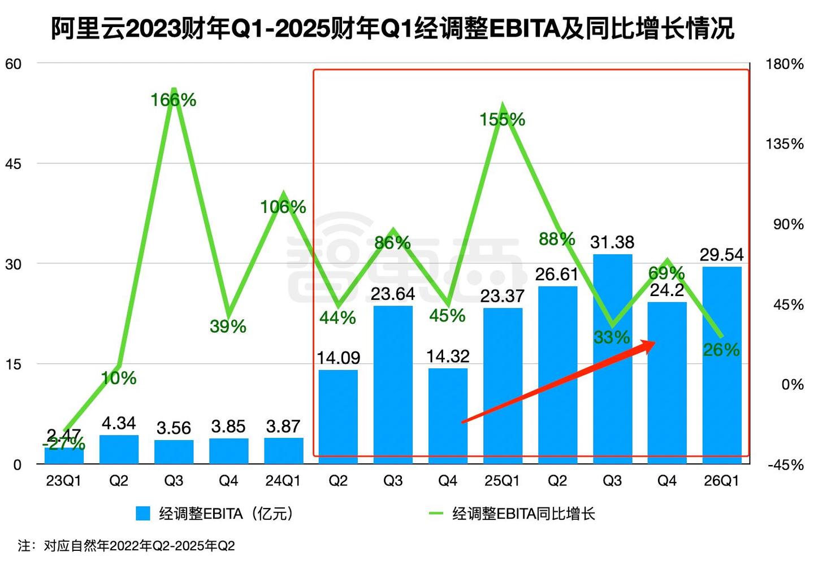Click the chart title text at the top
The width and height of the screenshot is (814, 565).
click(392, 28)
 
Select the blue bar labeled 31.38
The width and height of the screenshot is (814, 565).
click(612, 358)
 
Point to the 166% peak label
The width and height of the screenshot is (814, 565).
click(173, 100)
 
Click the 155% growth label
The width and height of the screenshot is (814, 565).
click(502, 119)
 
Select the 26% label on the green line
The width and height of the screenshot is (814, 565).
click(721, 350)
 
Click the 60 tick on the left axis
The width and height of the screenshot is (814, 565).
click(13, 64)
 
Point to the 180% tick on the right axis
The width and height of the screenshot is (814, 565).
click(784, 64)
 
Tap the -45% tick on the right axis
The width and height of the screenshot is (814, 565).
click(785, 465)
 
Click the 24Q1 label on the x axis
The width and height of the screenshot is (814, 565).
click(283, 481)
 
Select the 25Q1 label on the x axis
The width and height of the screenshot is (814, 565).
click(502, 481)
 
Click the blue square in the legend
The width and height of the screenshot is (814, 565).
click(143, 514)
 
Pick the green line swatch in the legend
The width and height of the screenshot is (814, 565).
click(436, 514)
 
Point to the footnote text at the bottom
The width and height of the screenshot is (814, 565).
click(126, 546)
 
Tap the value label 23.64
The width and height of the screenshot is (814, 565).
click(393, 294)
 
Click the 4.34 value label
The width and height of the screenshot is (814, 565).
click(119, 423)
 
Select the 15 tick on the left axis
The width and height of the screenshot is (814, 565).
click(13, 364)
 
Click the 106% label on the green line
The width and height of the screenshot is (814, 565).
click(283, 207)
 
